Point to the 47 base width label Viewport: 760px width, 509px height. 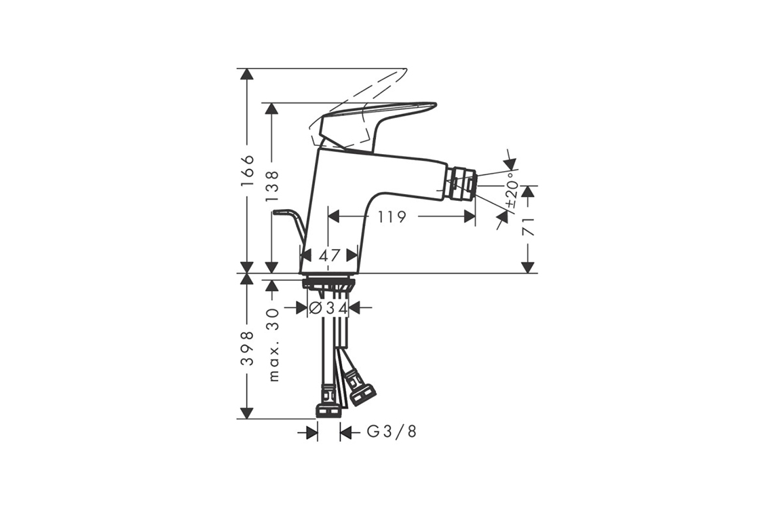(330, 255)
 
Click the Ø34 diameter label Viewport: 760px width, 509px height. (328, 308)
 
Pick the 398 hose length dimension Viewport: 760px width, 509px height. (247, 349)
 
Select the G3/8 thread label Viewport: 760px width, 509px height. (392, 432)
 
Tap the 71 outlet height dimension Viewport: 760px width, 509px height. (529, 227)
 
